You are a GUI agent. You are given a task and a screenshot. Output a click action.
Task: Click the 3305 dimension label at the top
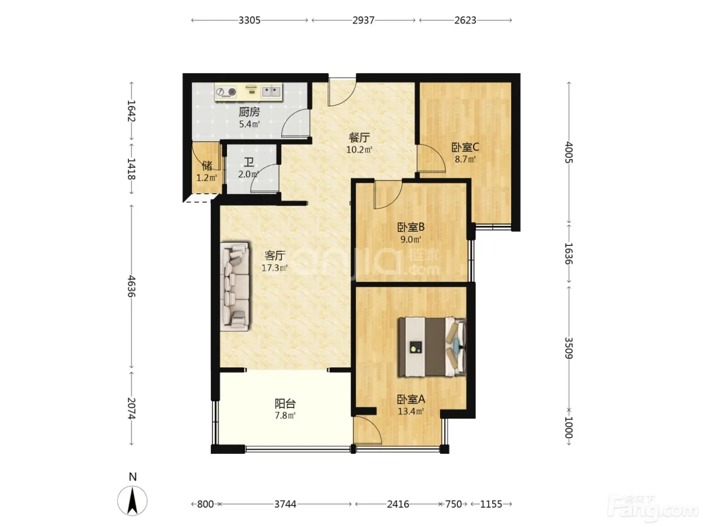[249, 21]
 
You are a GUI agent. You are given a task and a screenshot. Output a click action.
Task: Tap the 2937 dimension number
[363, 21]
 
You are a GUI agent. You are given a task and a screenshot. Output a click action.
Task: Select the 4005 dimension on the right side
[568, 152]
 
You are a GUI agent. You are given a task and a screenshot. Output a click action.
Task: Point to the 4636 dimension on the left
[132, 286]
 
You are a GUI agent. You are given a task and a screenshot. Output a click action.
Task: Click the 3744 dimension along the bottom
[285, 504]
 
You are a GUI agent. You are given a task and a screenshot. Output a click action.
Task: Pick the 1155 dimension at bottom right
[491, 504]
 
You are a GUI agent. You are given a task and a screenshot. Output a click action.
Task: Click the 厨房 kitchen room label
[249, 112]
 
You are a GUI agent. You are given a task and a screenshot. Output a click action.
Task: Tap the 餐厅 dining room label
[359, 138]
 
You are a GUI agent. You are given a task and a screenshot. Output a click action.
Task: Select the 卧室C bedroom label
[465, 147]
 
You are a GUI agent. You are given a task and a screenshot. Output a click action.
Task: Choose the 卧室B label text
[411, 227]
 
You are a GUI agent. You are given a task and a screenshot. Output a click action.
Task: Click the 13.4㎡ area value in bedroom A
[411, 411]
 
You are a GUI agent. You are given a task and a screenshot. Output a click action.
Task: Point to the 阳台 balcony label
[285, 404]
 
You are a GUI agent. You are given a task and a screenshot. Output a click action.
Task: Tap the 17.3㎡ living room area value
[275, 268]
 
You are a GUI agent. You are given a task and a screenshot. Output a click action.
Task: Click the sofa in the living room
[235, 287]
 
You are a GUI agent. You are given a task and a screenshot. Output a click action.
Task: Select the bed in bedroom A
[432, 347]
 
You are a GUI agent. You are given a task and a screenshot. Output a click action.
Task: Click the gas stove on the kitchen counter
[226, 92]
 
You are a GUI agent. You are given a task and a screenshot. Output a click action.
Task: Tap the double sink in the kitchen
[271, 92]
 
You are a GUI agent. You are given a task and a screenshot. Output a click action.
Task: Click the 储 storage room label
[207, 166]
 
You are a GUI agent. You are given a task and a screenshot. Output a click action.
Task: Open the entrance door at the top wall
[342, 91]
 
